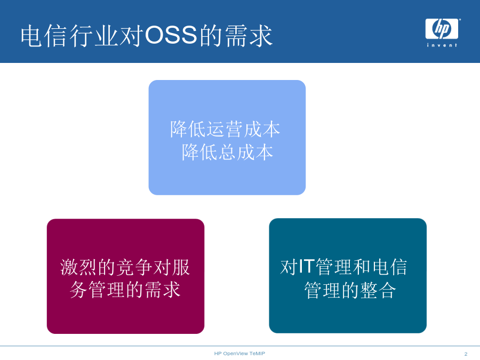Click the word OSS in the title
(171, 35)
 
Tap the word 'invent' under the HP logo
(442, 45)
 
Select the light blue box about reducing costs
(227, 138)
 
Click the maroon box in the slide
(125, 276)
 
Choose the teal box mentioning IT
(348, 276)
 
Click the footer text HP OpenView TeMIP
(239, 354)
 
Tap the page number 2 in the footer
(466, 354)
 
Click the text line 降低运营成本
(225, 129)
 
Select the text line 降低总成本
(227, 152)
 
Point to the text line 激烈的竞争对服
(125, 267)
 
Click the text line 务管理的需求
(125, 290)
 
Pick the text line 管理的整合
(350, 290)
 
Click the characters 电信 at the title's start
(44, 36)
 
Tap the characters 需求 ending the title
(249, 36)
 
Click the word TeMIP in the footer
(257, 354)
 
